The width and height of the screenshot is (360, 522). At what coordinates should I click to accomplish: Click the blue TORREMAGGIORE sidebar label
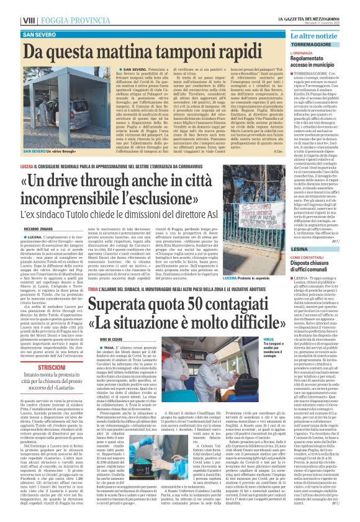pyautogui.click(x=313, y=46)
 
